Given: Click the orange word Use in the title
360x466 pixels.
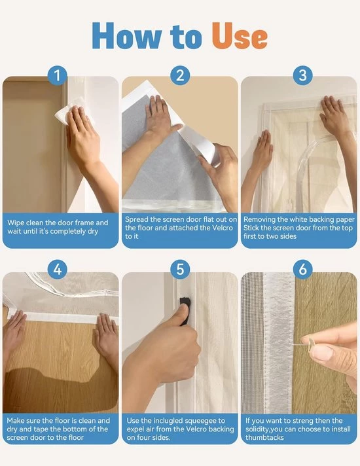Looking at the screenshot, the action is click(x=240, y=35).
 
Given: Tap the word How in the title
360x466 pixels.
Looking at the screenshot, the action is click(x=126, y=35).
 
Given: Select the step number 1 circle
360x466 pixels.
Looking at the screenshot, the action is click(x=58, y=75).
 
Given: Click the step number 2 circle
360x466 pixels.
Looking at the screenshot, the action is click(x=180, y=75).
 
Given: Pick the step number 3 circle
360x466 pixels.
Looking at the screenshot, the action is click(x=302, y=75).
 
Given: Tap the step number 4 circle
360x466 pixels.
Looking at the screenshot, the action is click(x=58, y=269).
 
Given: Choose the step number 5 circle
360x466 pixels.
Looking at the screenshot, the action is click(x=180, y=269).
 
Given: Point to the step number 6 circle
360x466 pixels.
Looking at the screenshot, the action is click(x=302, y=269).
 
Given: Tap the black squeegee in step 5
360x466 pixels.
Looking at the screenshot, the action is click(x=185, y=309).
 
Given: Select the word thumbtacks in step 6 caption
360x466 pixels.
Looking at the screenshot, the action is click(x=264, y=437).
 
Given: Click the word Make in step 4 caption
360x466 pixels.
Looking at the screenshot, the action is click(x=15, y=421).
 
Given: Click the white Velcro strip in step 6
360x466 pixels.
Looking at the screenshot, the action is click(x=279, y=342).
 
